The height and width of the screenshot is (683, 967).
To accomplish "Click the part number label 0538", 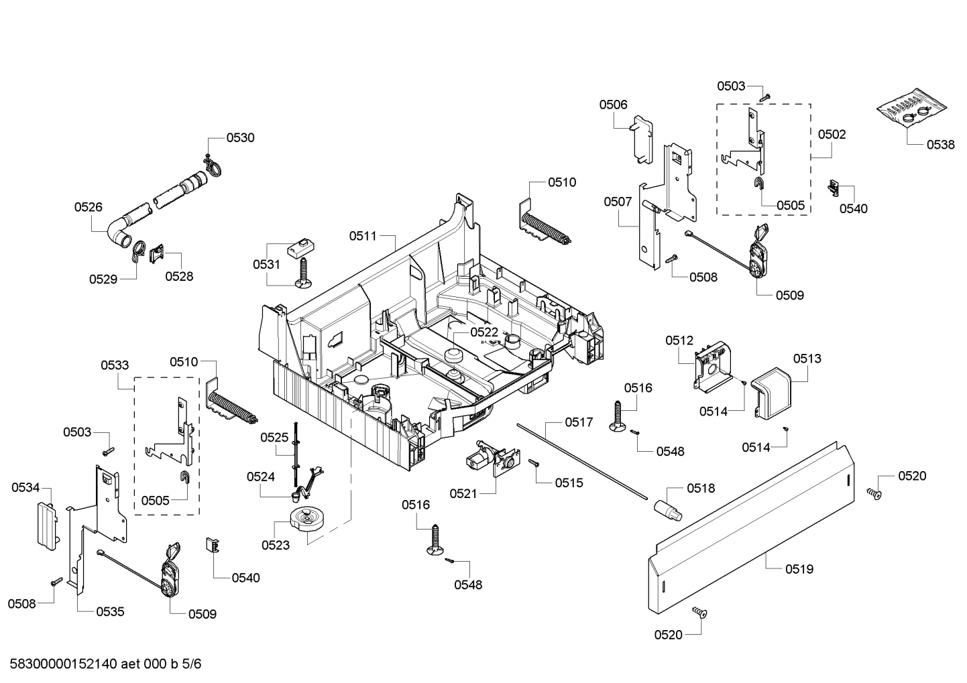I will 940,144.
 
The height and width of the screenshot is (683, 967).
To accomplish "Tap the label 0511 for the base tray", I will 363,236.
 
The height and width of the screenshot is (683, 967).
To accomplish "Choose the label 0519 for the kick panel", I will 799,569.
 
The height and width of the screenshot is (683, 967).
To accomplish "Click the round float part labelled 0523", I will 307,519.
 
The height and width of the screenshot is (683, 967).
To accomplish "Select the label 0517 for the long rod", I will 578,422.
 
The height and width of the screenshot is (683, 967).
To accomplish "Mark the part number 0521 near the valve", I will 463,494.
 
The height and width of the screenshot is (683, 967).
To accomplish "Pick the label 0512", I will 679,340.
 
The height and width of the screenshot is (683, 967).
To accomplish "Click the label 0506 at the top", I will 613,105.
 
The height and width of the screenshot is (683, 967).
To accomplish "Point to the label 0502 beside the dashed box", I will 832,134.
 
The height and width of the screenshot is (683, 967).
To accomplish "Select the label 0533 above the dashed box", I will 115,365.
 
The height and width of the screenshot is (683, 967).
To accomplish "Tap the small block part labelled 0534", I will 46,525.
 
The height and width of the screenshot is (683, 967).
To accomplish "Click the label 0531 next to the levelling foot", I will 266,265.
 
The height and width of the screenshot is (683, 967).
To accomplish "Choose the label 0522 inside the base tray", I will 483,332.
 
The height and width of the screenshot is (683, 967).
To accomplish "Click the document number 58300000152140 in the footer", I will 64,664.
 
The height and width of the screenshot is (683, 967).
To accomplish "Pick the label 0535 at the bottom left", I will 110,611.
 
